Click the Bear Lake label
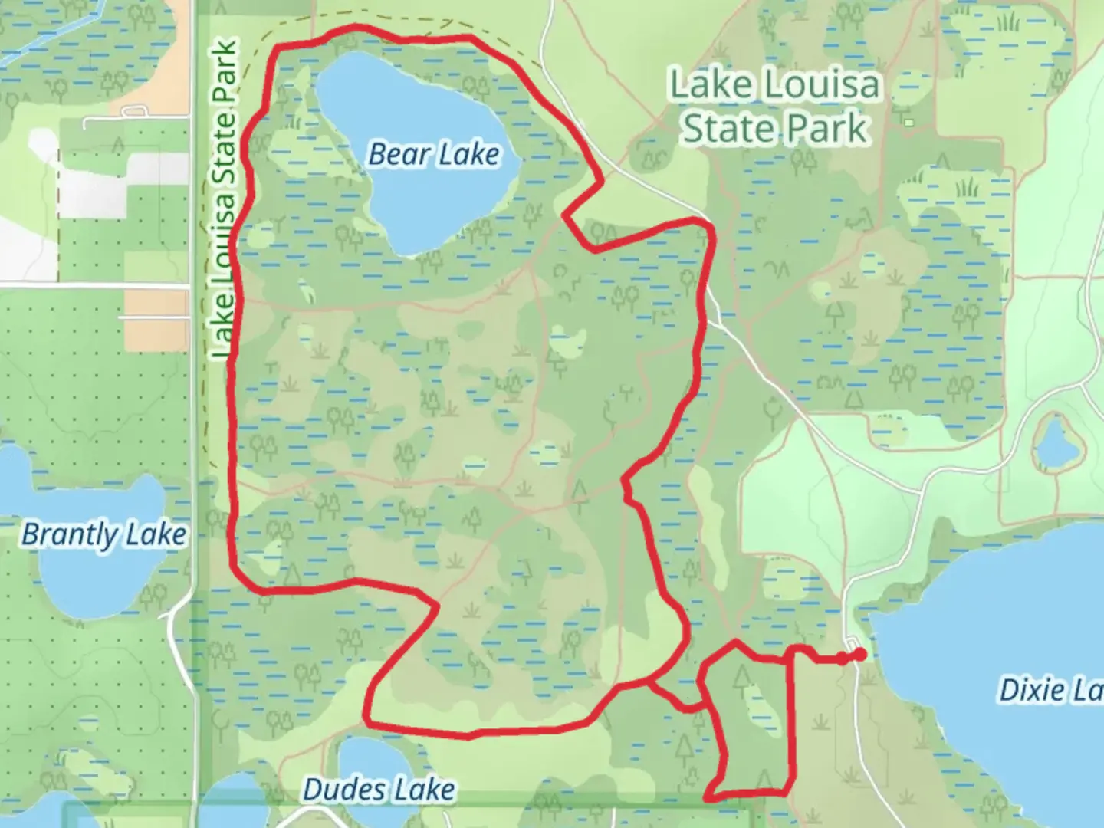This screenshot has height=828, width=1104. coord(434,154)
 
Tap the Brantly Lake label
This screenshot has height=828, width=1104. coord(103,534)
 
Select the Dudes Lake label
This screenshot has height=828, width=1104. coord(379,789)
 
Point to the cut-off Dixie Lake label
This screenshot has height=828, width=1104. coord(1050,691)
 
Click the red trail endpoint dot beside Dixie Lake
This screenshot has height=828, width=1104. coord(860,654)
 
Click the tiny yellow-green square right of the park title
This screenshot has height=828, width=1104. coord(909,122)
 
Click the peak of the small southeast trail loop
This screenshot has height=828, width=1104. coord(735,642)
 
